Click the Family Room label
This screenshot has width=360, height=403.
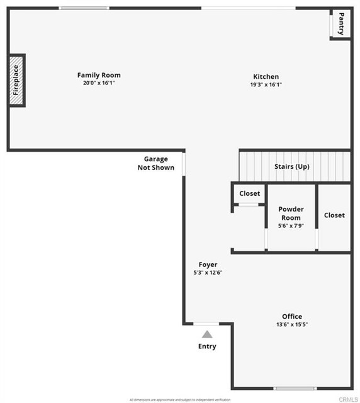(99, 75)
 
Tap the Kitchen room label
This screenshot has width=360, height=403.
(266, 77)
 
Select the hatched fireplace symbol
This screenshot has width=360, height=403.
(16, 81)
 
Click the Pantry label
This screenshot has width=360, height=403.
(341, 23)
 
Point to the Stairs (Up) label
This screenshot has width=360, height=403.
(292, 167)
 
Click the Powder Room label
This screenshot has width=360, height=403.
(291, 213)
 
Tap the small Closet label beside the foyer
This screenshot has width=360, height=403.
(249, 194)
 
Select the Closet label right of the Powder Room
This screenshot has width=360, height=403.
(334, 215)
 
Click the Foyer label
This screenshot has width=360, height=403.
(208, 264)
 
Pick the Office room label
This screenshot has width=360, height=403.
(292, 316)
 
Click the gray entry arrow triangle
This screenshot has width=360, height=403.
(207, 334)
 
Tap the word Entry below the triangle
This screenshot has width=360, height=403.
(207, 346)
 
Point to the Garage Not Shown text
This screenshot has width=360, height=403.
(156, 163)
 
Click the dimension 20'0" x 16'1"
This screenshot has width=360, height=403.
(99, 83)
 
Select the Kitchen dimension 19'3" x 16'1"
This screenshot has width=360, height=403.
(266, 84)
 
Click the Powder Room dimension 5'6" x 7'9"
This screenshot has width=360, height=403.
(291, 225)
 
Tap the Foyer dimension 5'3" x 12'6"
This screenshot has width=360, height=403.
(208, 273)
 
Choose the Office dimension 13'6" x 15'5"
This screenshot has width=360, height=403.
(292, 324)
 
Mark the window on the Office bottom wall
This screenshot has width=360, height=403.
(295, 388)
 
